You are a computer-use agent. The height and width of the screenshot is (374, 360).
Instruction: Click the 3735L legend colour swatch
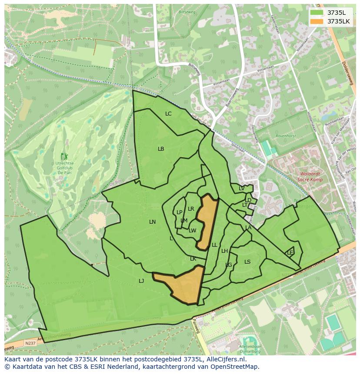pyautogui.click(x=317, y=13)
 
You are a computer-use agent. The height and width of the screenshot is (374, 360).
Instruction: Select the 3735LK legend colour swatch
pyautogui.click(x=317, y=21)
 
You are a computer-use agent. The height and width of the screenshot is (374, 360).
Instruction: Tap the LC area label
pyautogui.click(x=168, y=114)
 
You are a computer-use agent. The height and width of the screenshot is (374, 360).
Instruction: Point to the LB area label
pyautogui.click(x=161, y=149)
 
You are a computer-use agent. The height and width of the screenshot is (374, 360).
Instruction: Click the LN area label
pyautogui.click(x=152, y=222)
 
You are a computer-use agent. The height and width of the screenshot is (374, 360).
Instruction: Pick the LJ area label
pyautogui.click(x=141, y=281)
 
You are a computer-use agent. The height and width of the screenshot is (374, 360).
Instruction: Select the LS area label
pyautogui.click(x=247, y=261)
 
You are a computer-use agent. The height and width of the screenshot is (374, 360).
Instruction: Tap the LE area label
pyautogui.click(x=290, y=252)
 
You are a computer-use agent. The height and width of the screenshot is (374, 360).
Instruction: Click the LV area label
pyautogui.click(x=241, y=189)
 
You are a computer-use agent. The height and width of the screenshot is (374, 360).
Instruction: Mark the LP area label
pyautogui.click(x=179, y=212)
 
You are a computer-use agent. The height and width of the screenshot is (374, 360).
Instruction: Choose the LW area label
pyautogui.click(x=193, y=231)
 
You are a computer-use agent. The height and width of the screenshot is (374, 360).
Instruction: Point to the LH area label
pyautogui.click(x=224, y=251)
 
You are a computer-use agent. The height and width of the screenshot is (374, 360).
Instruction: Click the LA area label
pyautogui.click(x=248, y=228)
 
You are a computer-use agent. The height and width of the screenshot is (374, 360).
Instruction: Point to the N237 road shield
pyautogui.click(x=30, y=343)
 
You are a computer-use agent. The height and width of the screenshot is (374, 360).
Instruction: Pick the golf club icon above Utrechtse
pyautogui.click(x=64, y=156)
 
